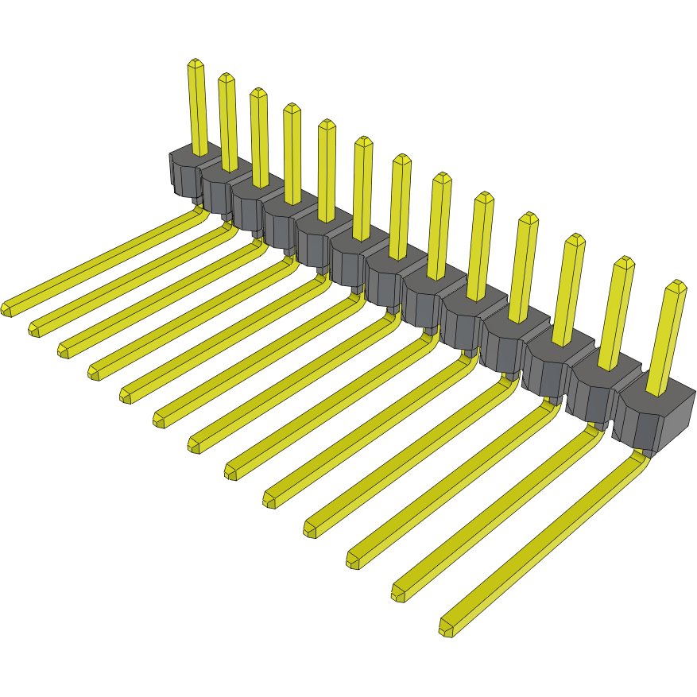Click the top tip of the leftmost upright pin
pos(195,63)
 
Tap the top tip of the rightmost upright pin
pos(676,285)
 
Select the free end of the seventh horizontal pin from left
pos(196,445)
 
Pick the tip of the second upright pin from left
pos(227,78)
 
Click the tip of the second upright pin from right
pos(625,261)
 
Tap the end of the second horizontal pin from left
pos(35,328)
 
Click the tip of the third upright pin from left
pos(258,92)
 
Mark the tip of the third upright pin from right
pos(575,238)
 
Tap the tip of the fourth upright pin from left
pos(291,107)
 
